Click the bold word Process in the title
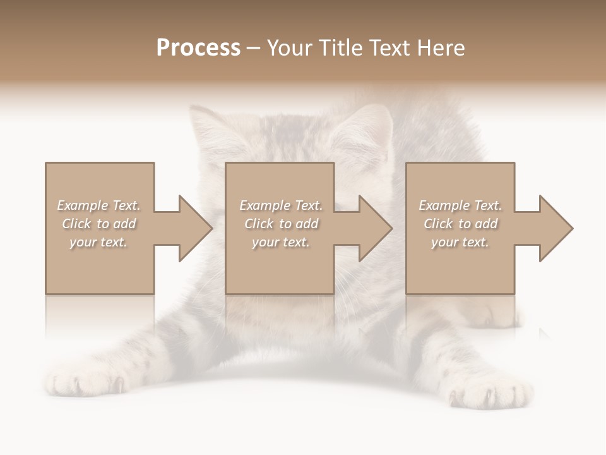(198, 48)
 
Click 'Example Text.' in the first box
(99, 205)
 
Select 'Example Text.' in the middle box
(281, 205)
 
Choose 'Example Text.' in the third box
(460, 205)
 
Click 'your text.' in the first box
(98, 242)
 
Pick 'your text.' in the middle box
(281, 242)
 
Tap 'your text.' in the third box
(460, 242)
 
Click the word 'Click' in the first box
(76, 224)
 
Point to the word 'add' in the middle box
(307, 224)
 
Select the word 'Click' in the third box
(438, 224)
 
